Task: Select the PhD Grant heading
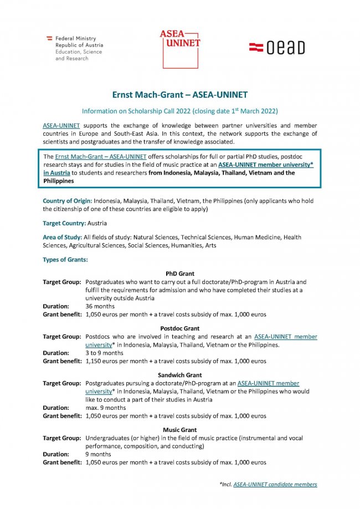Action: (179, 274)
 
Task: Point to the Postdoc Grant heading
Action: (179, 328)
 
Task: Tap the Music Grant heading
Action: (179, 430)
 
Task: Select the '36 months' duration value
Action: (100, 306)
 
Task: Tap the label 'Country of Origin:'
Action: (67, 199)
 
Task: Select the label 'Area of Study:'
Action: (63, 237)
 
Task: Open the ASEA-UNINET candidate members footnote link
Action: (275, 484)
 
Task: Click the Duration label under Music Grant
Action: (56, 454)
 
